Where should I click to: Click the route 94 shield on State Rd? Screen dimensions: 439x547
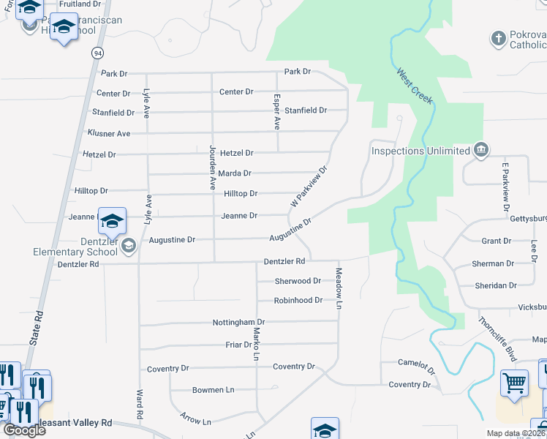tap(97, 53)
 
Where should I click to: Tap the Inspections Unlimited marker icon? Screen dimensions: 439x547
tap(481, 151)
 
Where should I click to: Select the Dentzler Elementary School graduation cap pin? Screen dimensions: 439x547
tap(113, 220)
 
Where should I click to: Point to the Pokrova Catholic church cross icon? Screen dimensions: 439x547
tap(499, 39)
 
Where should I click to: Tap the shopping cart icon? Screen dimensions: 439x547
tap(515, 383)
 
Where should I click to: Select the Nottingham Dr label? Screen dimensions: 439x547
tap(238, 322)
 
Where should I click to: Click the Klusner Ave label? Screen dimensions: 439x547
tap(108, 134)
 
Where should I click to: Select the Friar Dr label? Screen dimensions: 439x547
tap(238, 344)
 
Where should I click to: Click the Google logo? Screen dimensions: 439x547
tap(23, 430)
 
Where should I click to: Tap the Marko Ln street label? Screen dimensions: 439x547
tap(257, 345)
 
